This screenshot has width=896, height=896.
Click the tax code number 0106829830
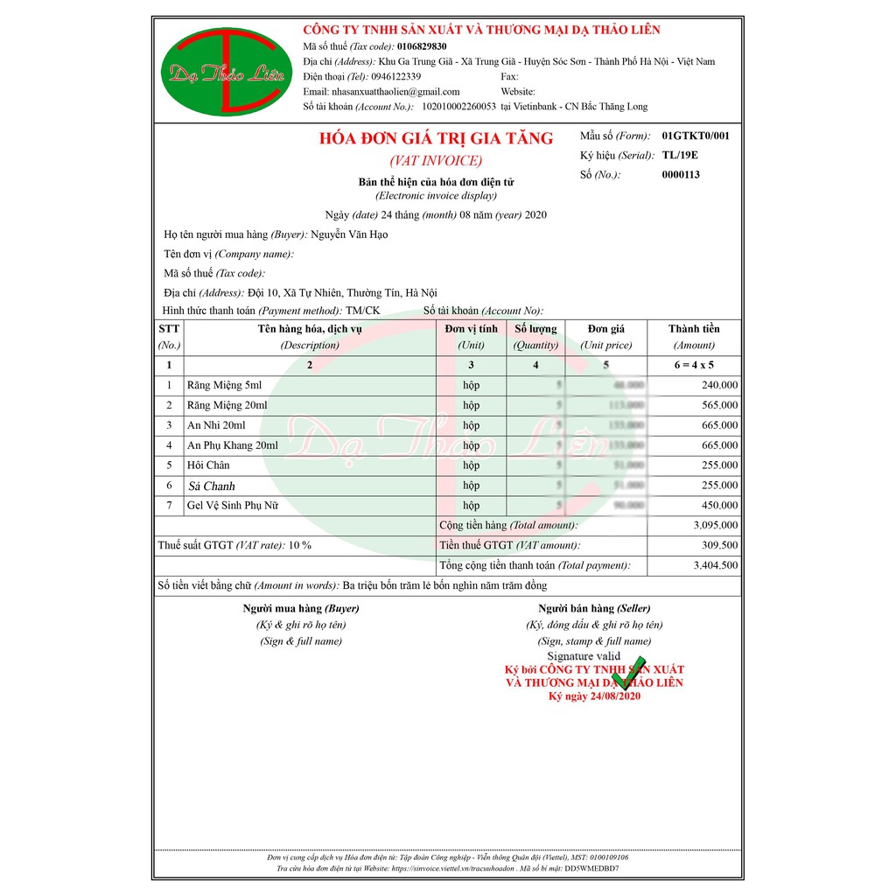(x=422, y=46)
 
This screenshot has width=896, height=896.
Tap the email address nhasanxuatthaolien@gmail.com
(x=395, y=92)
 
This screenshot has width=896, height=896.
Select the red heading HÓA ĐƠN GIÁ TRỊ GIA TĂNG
(x=436, y=138)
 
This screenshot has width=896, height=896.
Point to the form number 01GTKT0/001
(x=696, y=136)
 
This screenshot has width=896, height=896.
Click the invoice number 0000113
(x=681, y=175)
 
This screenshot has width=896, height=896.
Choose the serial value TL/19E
(x=680, y=156)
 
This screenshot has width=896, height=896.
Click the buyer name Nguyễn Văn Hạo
(x=349, y=234)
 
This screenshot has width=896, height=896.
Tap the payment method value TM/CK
(x=363, y=311)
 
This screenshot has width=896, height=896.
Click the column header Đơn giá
(x=606, y=329)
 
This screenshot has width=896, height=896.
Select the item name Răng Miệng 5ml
(x=224, y=385)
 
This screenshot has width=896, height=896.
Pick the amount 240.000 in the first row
(x=719, y=385)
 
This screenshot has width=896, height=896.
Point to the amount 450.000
(x=719, y=506)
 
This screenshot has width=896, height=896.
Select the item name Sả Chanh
(x=212, y=486)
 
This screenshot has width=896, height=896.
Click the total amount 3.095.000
(x=715, y=526)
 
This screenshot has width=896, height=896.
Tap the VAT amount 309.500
(x=719, y=546)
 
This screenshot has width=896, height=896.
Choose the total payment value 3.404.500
(x=715, y=566)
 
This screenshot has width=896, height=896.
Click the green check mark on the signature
(x=628, y=672)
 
